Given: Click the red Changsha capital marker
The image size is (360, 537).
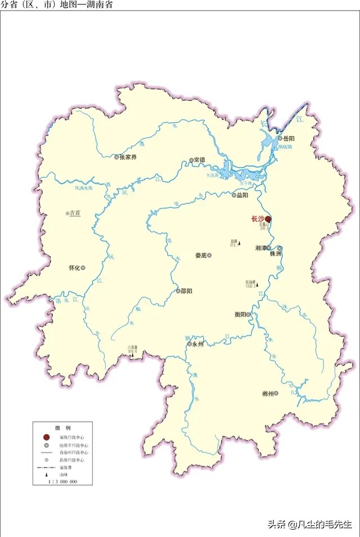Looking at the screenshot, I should pos(268,219).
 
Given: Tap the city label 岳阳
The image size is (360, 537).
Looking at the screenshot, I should pos(289,138).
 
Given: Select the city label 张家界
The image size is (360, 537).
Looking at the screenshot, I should pos(128,157).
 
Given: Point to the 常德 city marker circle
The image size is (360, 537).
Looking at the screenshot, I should pos(191,160).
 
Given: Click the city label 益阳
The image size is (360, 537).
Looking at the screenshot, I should pos(242,195).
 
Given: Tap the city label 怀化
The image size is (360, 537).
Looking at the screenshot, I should pos(74,268).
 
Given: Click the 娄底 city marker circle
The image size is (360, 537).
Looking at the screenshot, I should pos(209,255).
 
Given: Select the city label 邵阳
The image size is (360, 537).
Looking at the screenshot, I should pos(187,291).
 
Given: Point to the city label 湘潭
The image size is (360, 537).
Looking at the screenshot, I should pos(260,247).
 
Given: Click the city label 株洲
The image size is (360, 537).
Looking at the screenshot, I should pos(276,254).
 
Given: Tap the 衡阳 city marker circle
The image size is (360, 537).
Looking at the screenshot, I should pos(248,315).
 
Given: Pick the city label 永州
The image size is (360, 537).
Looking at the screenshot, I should pos(197,344).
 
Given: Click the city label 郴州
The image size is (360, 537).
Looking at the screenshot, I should pos(268,394).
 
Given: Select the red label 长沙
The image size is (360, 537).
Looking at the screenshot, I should pos(258,219).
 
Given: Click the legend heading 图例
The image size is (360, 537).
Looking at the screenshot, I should pos(62,428).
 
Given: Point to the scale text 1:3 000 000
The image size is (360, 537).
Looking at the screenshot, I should pos(62,482).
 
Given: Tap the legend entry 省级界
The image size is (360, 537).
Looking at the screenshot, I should pos(70,467).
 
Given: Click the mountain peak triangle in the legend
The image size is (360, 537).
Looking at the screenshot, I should pos(46,475).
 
